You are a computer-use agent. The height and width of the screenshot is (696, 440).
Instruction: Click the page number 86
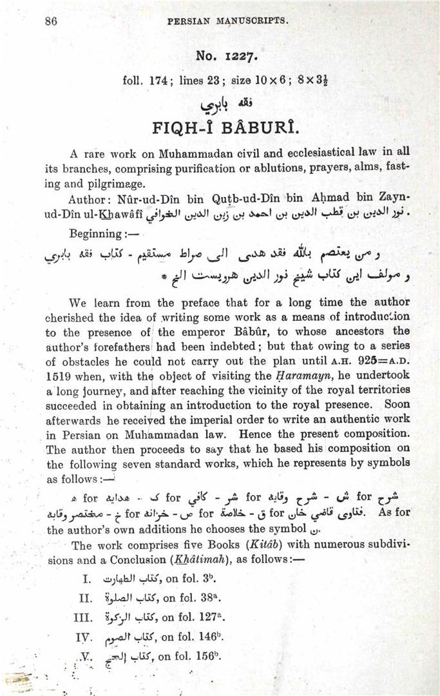click(52, 20)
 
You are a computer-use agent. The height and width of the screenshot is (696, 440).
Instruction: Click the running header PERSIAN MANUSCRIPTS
click(227, 21)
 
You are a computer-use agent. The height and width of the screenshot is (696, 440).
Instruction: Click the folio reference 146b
click(206, 637)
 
